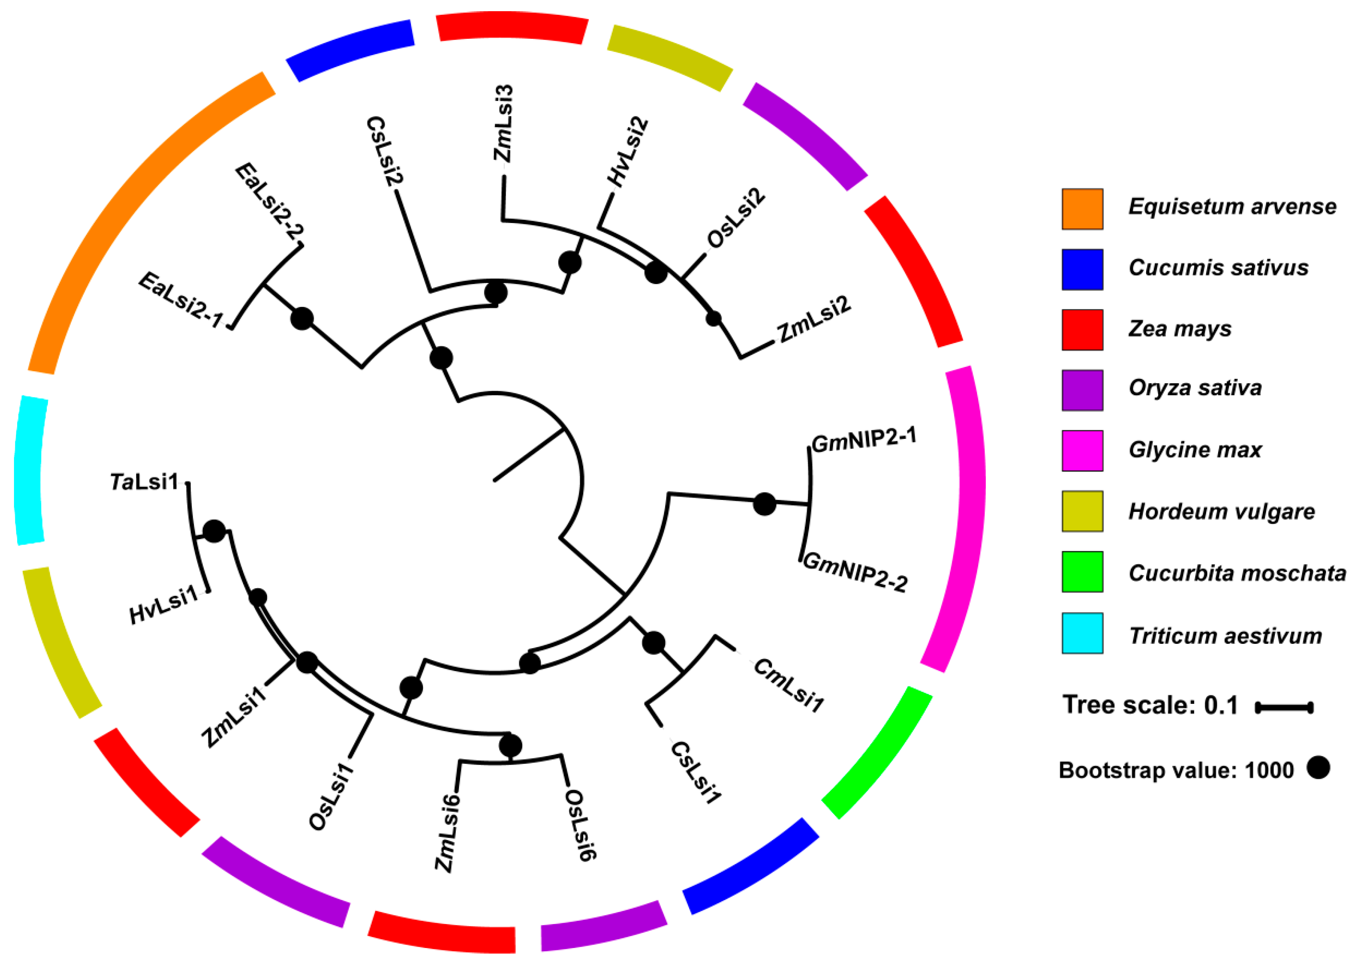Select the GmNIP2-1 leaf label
pyautogui.click(x=864, y=440)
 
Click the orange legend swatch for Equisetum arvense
pyautogui.click(x=1082, y=209)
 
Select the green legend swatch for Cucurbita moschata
pyautogui.click(x=1082, y=572)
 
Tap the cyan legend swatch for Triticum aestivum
pyautogui.click(x=1082, y=633)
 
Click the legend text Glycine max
pyautogui.click(x=1195, y=450)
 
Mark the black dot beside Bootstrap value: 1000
pyautogui.click(x=1318, y=767)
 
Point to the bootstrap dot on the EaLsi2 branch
pyautogui.click(x=302, y=319)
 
